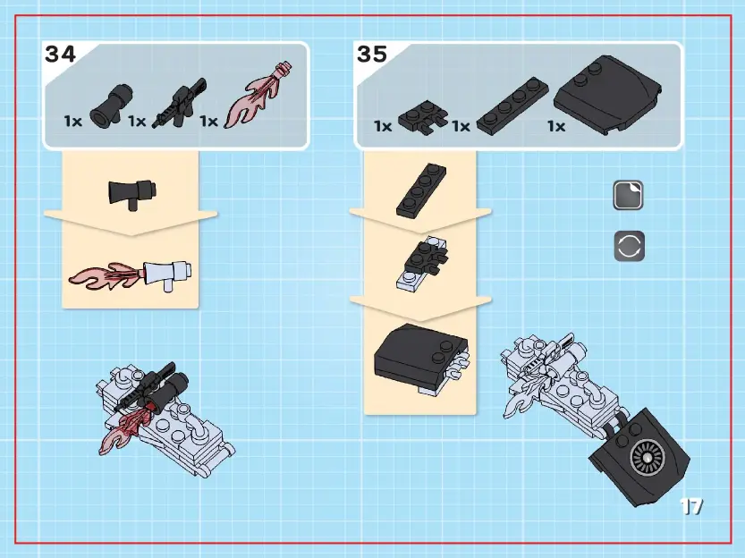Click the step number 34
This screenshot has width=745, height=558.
pos(61,54)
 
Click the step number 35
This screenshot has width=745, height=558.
pos(372,54)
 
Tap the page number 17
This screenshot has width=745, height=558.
pos(690,507)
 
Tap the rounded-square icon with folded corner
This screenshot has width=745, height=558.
pos(629,196)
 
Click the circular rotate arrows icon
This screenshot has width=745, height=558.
pos(629,247)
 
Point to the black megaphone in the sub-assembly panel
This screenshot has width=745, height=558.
pos(131,192)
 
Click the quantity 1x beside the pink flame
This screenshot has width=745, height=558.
pos(207,121)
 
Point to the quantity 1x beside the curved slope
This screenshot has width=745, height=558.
pos(556,126)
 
